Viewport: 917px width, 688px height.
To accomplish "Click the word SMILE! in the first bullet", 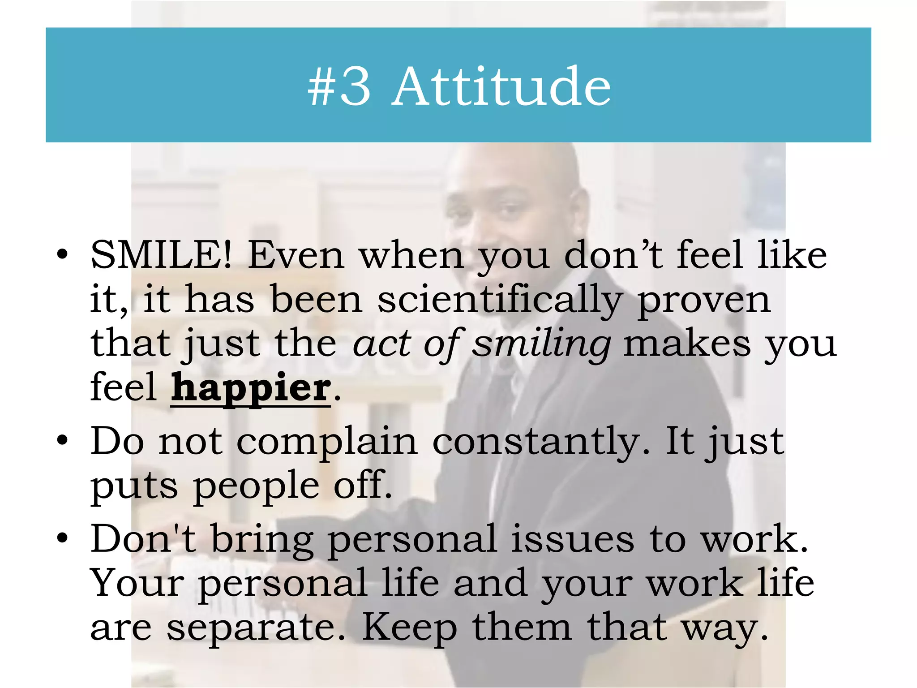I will [x=161, y=255].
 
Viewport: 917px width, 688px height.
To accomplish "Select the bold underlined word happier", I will [x=251, y=388].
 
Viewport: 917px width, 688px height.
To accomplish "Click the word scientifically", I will [x=500, y=300].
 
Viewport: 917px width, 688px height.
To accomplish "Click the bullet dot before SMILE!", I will [x=62, y=255].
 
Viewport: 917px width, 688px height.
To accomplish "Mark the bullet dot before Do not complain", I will [x=62, y=441].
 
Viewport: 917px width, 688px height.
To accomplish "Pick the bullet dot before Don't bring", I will [x=62, y=537].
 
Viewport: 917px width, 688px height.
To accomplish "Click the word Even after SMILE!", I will [x=296, y=255].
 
